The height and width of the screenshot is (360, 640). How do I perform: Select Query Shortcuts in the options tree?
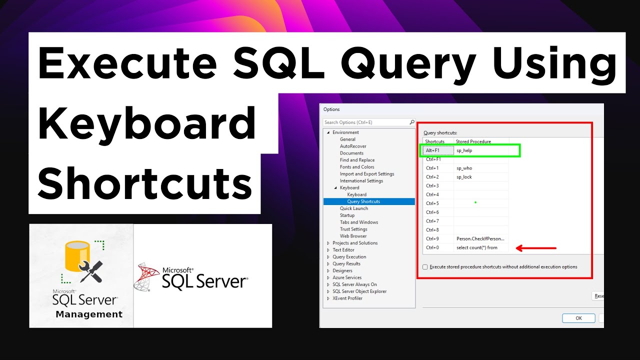point(363,201)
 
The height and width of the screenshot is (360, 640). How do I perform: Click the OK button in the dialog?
point(578,318)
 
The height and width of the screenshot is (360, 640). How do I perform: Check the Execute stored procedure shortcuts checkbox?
point(425,267)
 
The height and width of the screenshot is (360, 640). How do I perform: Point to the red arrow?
point(536,247)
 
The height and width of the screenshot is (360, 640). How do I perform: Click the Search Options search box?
point(366,122)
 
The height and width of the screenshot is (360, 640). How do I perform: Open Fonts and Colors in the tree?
point(357,167)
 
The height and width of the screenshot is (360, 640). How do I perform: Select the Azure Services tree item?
point(347,277)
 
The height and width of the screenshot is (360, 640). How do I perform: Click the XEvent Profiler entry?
point(347,298)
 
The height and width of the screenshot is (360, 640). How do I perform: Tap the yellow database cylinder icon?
point(75,256)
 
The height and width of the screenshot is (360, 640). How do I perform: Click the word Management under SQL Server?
point(89,314)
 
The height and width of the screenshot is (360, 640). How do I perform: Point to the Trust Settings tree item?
point(353,229)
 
